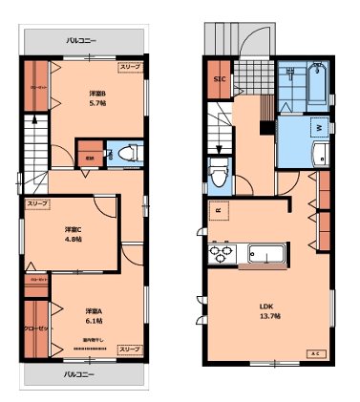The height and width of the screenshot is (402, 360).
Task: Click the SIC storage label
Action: pos(219,79)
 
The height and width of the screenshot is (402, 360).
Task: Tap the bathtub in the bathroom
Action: pos(319,87)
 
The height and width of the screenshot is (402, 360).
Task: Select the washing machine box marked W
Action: pos(318,126)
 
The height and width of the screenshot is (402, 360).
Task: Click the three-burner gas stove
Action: pos(222,255)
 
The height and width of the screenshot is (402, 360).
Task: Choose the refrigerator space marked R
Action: pos(221,212)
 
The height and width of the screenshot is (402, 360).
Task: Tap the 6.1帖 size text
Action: pos(92,321)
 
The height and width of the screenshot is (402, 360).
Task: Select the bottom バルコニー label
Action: pos(79,374)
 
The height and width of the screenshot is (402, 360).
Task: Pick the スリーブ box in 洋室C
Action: pos(38,203)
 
